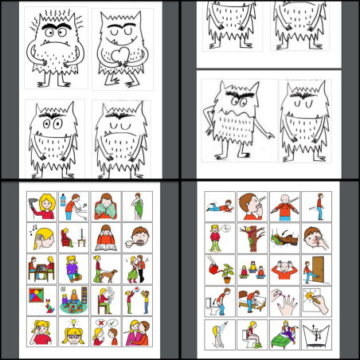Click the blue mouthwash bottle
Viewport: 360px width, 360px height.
[x=60, y=202]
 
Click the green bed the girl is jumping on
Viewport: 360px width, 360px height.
[x=284, y=343]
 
